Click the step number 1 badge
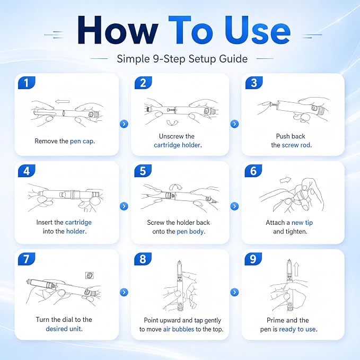tap(27, 83)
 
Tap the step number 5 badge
tap(143, 171)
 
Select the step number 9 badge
tap(253, 259)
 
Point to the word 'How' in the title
tap(118, 31)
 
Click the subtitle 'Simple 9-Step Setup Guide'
tap(182, 59)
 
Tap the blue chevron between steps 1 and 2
tap(124, 124)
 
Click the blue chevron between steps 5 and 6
tap(234, 206)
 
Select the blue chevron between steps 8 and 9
tap(234, 292)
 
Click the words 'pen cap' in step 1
tap(82, 141)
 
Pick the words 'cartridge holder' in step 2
tap(177, 145)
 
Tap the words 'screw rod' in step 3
tap(296, 145)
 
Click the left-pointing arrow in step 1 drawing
tap(63, 101)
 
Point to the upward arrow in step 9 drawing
tap(296, 269)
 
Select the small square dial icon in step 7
tap(90, 275)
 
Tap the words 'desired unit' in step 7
tap(64, 329)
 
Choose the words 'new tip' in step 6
tap(302, 223)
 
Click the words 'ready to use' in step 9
tap(297, 329)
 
